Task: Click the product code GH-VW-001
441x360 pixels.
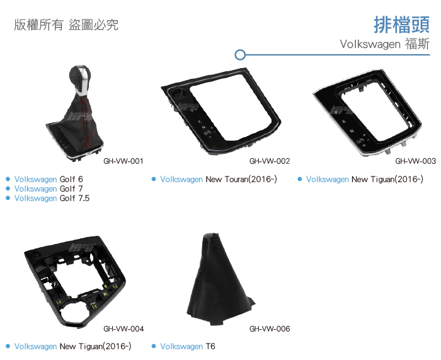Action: coord(123,161)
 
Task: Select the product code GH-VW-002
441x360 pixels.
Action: coord(270,161)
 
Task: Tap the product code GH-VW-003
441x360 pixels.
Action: coord(415,161)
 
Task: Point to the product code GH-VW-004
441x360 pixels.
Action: coord(123,328)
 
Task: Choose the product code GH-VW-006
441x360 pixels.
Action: coord(270,328)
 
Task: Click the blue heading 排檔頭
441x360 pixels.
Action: coord(402,25)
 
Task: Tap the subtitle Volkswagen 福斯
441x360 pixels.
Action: coord(385,44)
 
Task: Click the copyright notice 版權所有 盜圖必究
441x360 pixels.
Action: coord(66,25)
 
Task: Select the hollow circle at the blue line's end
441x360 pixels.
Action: coord(240,55)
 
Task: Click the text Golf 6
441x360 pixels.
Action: coord(71,179)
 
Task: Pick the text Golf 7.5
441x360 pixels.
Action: coord(74,198)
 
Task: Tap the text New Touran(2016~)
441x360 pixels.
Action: coord(241,179)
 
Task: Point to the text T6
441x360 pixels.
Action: coord(210,346)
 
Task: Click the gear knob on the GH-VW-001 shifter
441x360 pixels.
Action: coord(80,78)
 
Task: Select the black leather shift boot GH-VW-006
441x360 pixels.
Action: coord(220,279)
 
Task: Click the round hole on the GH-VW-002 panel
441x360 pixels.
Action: coord(178,93)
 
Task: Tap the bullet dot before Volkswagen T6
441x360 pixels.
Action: coord(154,346)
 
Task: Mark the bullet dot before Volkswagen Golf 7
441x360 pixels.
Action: coord(8,189)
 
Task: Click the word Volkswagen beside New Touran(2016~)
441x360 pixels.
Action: coord(181,179)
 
